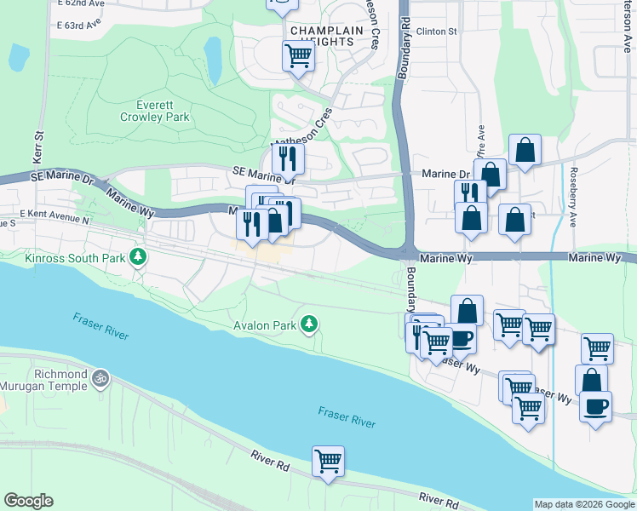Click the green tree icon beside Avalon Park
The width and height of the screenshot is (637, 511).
311,324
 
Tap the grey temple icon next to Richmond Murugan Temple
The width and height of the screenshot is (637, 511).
100,375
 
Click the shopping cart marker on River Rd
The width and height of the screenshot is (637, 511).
328,462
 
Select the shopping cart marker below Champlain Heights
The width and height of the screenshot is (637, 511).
298,56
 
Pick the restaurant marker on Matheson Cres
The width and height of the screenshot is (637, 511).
288,158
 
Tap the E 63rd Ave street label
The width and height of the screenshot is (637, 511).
80,26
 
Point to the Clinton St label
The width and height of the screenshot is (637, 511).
439,32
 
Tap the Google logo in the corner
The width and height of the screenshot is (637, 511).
28,501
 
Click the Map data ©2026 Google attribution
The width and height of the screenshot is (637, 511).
584,504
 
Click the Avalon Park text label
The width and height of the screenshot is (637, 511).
265,325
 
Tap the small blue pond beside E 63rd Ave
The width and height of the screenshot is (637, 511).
17,57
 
